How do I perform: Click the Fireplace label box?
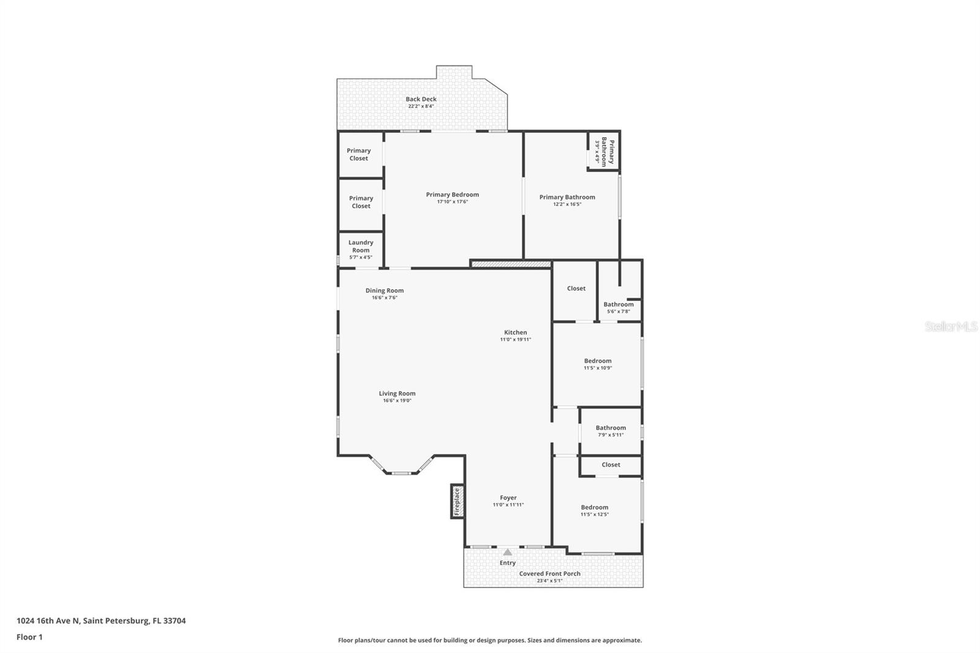pos(457,502)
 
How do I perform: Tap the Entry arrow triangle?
pos(507,552)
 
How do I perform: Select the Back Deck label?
pos(421,99)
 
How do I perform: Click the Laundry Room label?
pos(361,246)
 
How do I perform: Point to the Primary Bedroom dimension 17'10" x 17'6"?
pos(452,202)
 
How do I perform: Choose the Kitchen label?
pos(515,332)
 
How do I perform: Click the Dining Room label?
pos(385,290)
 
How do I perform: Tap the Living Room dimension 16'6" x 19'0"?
pos(397,401)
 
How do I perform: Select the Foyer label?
pos(508,497)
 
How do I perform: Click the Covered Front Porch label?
pos(549,573)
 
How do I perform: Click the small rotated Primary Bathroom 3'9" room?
pos(603,151)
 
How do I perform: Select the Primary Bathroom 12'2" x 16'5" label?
pos(567,197)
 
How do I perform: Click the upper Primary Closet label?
pos(359,154)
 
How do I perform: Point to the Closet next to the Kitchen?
pos(576,288)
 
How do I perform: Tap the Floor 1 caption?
pos(29,637)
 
